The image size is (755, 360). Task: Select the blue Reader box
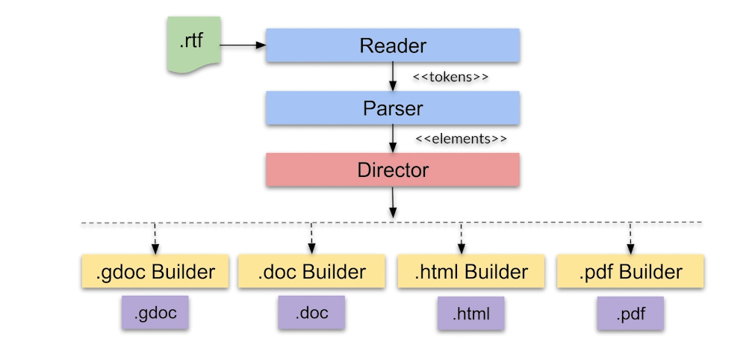[x=393, y=46]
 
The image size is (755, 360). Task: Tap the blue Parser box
[x=393, y=108]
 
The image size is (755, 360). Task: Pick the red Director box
[x=393, y=170]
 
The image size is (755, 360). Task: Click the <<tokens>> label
[x=450, y=77]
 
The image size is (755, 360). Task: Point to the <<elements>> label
[x=461, y=139]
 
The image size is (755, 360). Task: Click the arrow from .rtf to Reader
[x=243, y=46]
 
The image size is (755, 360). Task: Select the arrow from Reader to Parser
[x=393, y=77]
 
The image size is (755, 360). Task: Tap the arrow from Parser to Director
[x=393, y=139]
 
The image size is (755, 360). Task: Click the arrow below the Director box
[x=393, y=203]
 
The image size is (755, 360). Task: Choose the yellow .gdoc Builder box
[x=155, y=272]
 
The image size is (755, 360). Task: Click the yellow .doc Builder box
[x=311, y=272]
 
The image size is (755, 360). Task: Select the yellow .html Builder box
[x=470, y=272]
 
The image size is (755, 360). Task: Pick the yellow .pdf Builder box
[x=630, y=272]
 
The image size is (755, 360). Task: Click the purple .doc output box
[x=312, y=312]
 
